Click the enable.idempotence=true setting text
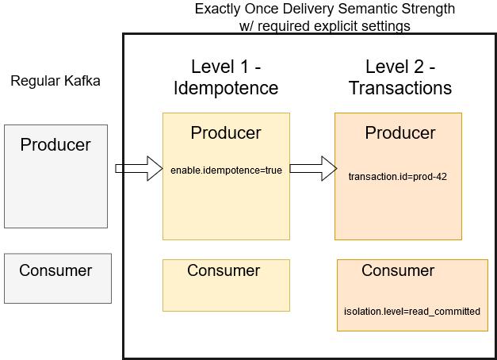(226, 170)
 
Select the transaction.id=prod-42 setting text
(397, 176)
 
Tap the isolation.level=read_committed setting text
(411, 311)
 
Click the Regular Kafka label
(55, 81)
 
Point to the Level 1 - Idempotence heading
(226, 77)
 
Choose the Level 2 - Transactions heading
(400, 77)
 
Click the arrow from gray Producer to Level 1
(139, 168)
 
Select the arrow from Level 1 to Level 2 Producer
(312, 167)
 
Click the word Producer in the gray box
(55, 145)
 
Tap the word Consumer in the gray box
(55, 270)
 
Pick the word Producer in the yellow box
(226, 133)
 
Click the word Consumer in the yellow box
(224, 270)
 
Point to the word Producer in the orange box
(400, 133)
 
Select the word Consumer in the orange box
(398, 270)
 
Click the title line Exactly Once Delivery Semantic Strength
(325, 10)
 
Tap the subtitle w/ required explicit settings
(325, 25)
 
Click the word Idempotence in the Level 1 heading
(226, 88)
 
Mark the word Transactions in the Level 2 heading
(400, 88)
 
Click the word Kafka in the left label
(82, 81)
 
